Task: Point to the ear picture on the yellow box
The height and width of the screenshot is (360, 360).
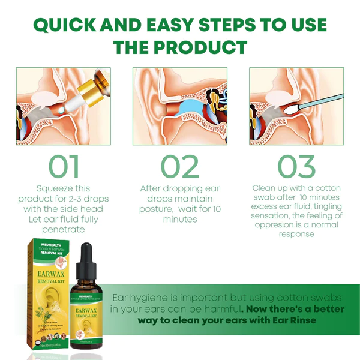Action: click(x=48, y=300)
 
